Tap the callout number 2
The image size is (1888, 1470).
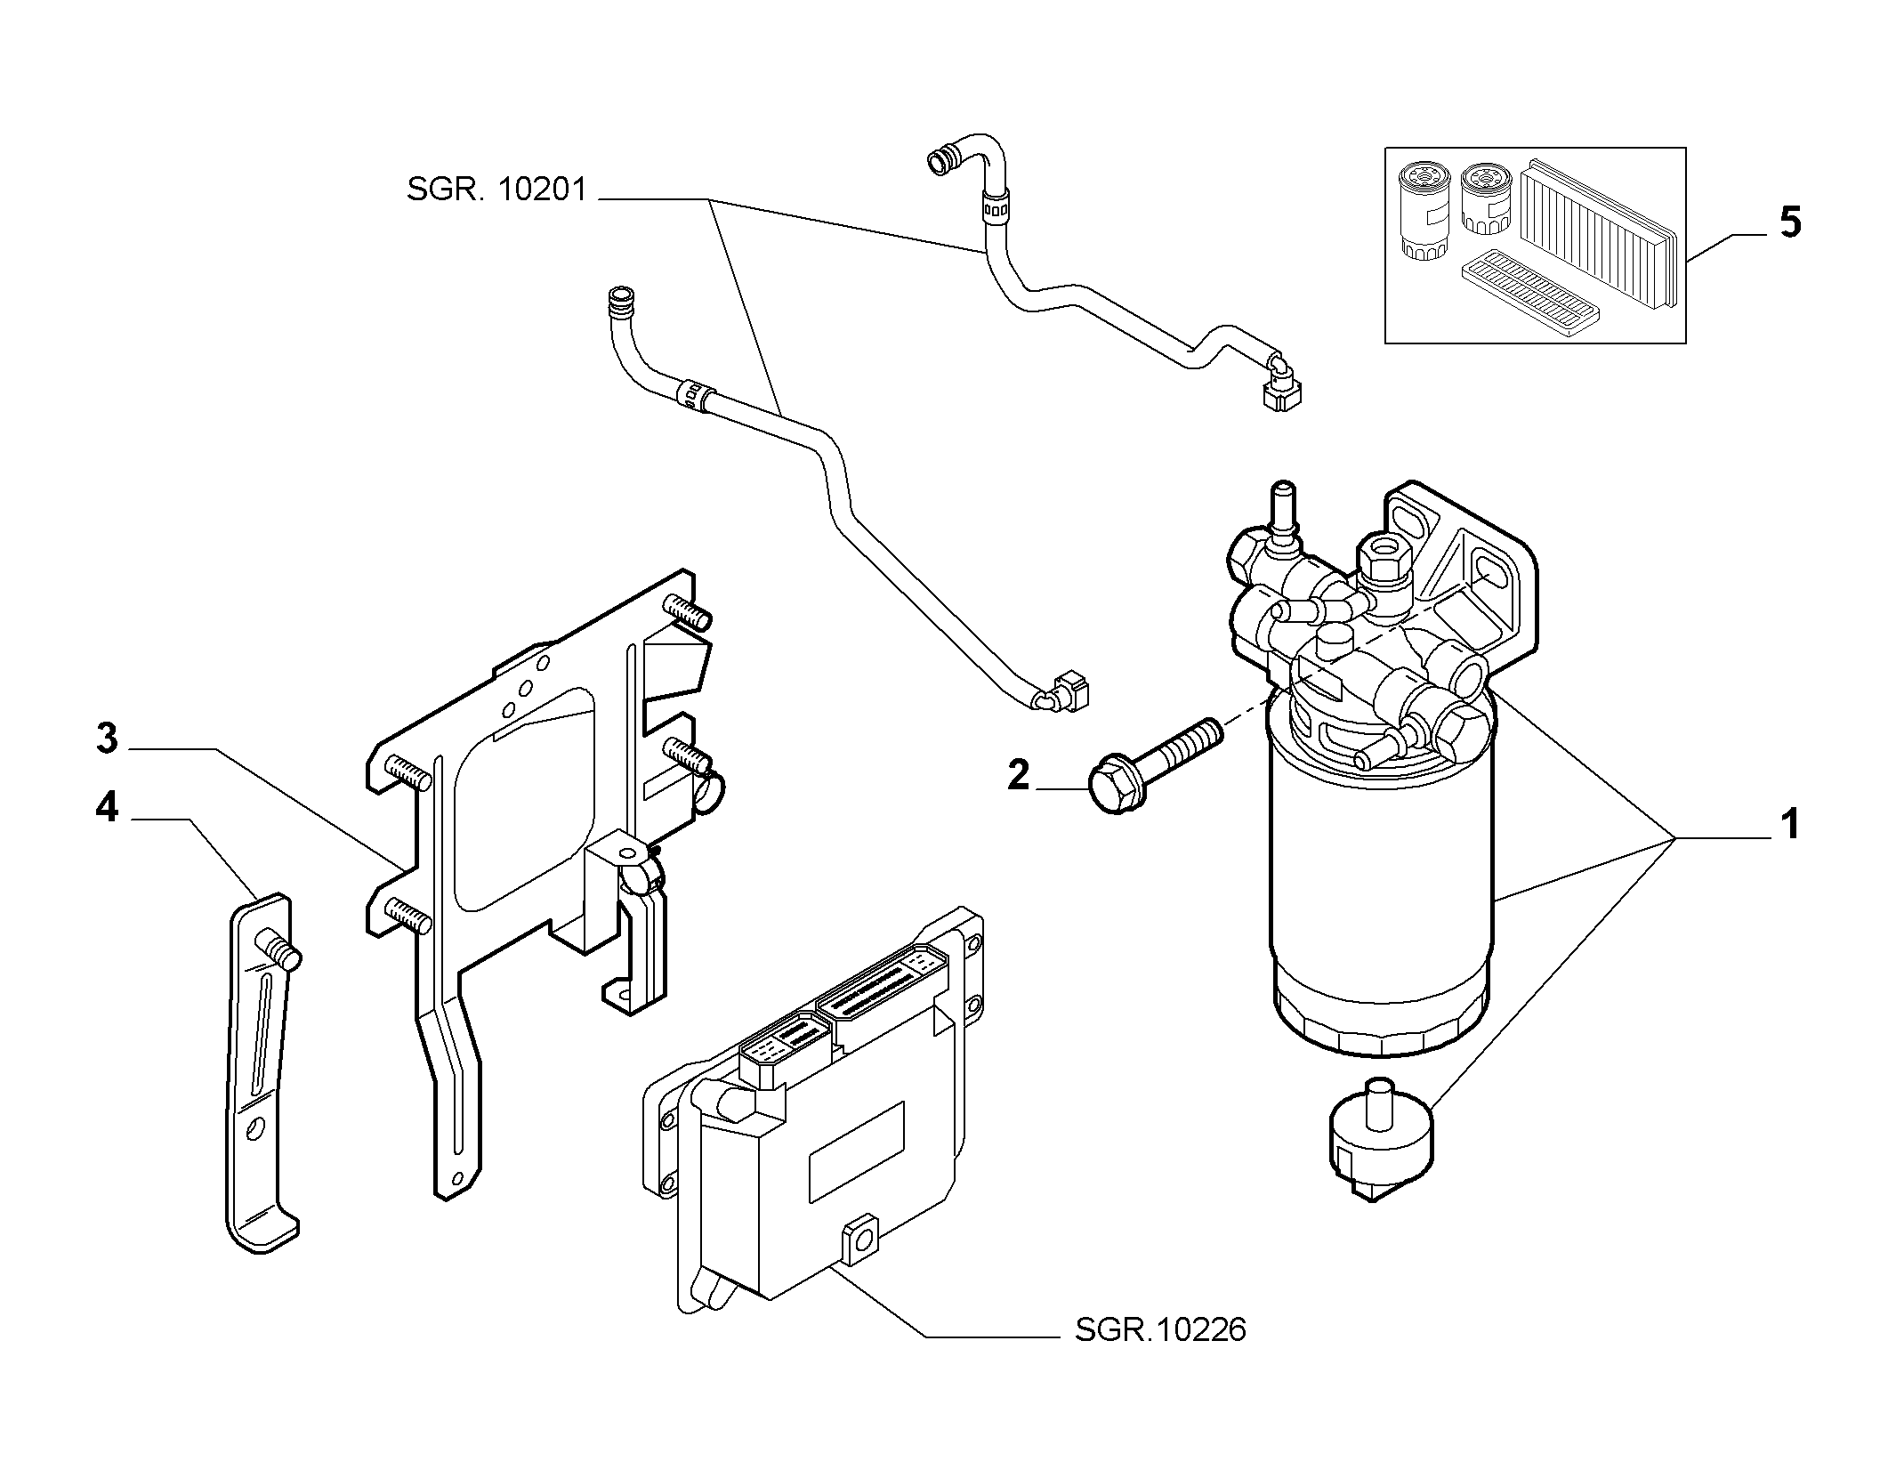pos(1019,775)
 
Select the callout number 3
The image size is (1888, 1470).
pos(107,739)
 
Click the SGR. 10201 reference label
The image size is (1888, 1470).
pos(496,190)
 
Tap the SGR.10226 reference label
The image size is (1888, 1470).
pos(1160,1355)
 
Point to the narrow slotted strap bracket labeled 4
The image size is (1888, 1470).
pos(261,1073)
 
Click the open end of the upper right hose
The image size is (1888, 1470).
pos(939,161)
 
